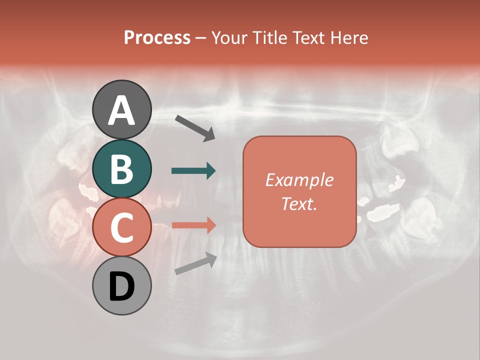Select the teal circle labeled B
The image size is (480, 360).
tap(121, 168)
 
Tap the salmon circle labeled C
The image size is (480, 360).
tap(121, 227)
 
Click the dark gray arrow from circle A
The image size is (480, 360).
tap(195, 128)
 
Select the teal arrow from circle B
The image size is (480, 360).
tap(193, 171)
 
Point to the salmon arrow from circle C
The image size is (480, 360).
tap(193, 225)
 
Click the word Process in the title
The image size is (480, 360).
tap(157, 37)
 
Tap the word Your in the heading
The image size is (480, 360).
tap(230, 37)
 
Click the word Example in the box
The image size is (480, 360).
tap(299, 180)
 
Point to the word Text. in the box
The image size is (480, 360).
tap(299, 203)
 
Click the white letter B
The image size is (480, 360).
tap(121, 169)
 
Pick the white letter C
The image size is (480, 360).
tap(121, 227)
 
